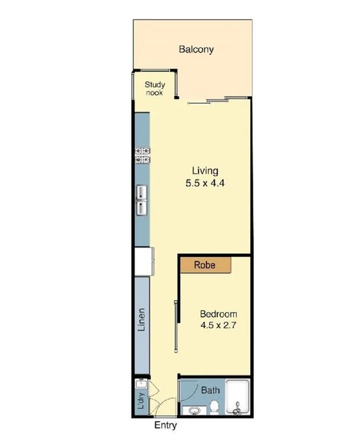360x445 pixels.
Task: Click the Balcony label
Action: click(196, 49)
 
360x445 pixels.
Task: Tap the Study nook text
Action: click(155, 89)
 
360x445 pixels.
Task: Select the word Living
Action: click(205, 170)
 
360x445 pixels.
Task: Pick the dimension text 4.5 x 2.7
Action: click(218, 325)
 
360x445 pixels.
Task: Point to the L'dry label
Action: click(140, 403)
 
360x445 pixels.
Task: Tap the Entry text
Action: click(165, 425)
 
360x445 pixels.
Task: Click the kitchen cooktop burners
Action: click(143, 156)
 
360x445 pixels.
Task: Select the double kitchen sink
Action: click(142, 201)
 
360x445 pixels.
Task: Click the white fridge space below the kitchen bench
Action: click(144, 261)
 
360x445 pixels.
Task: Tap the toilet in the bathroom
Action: click(214, 407)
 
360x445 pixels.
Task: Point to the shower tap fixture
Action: click(237, 408)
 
